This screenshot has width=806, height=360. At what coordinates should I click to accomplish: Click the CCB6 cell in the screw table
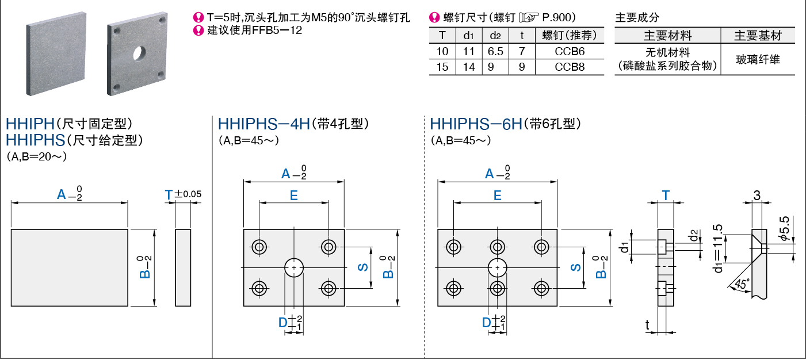[569, 51]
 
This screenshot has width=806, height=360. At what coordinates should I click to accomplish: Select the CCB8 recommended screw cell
[569, 67]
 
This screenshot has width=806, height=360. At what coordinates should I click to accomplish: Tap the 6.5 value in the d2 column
[495, 51]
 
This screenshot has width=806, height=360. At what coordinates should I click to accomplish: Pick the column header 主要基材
[758, 36]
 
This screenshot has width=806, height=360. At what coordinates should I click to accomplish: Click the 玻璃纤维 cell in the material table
[758, 59]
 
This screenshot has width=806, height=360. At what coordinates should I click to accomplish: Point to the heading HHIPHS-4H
[263, 124]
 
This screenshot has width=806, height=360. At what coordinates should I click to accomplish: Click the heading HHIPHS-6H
[476, 124]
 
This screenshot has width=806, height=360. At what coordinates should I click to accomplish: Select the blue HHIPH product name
[30, 124]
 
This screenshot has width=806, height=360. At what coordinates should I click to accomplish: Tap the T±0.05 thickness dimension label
[183, 194]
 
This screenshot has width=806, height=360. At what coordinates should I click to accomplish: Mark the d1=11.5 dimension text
[718, 248]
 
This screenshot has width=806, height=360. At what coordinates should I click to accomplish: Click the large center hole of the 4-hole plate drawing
[294, 267]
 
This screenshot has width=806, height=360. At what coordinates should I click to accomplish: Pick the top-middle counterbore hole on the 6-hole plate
[497, 247]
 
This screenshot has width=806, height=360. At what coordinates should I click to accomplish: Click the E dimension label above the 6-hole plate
[497, 196]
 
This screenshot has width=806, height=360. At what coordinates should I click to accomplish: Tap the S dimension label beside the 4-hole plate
[363, 267]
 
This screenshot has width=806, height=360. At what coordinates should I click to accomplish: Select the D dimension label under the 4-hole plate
[283, 323]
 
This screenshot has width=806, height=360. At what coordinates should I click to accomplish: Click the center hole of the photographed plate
[139, 53]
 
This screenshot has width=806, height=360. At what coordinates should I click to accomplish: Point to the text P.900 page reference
[559, 17]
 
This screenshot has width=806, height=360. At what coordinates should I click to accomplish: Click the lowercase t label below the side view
[647, 325]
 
